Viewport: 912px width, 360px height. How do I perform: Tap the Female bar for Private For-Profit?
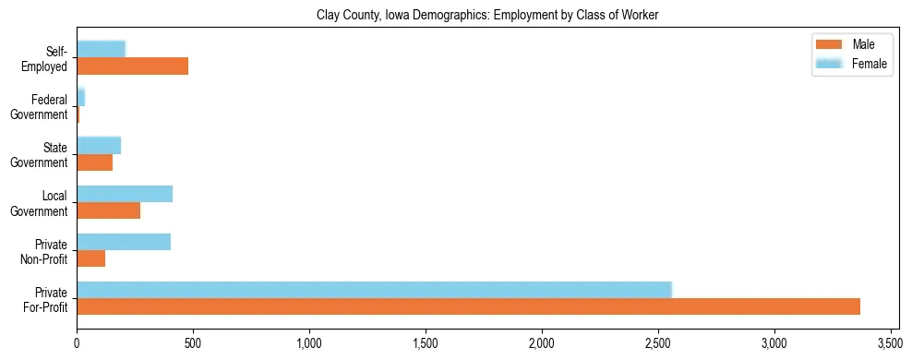[374, 290]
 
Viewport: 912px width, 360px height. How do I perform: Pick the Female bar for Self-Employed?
[101, 50]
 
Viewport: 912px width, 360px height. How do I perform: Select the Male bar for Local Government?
[108, 210]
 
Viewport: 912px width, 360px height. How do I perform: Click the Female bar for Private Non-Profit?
[124, 242]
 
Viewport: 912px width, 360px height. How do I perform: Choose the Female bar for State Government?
[99, 146]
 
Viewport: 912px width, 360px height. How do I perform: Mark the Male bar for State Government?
[94, 162]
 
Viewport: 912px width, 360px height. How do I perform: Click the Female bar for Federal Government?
[80, 98]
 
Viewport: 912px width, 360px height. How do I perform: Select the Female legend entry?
[849, 64]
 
